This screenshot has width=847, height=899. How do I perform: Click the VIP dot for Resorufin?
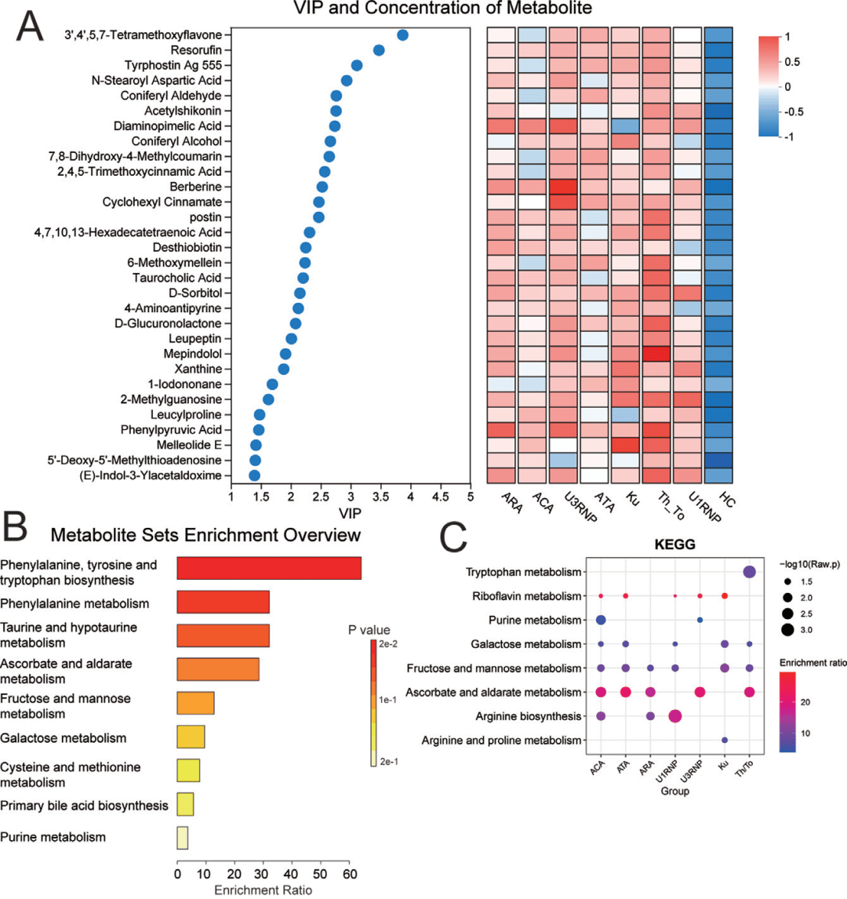coord(379,50)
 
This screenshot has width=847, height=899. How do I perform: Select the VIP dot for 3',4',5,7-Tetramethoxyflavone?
coord(403,35)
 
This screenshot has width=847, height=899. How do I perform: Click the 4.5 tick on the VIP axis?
coord(441,497)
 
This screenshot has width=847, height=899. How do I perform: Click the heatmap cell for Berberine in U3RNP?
coord(565,187)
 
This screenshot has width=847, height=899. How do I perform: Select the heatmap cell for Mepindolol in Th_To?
coord(656,354)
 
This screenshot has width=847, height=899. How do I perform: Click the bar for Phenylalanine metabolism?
coord(224,602)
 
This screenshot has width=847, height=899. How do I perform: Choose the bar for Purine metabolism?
coord(182,837)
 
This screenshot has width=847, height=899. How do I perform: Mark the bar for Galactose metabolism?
coord(191,738)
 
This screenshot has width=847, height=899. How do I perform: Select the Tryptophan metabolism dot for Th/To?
coord(749,573)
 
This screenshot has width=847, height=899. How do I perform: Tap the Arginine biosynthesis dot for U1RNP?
coord(675,715)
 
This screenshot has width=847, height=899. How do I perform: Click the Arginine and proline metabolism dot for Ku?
coord(725,740)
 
